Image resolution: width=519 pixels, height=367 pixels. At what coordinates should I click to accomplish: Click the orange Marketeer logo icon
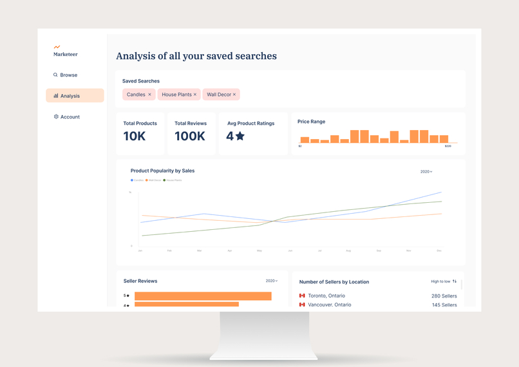tap(57, 47)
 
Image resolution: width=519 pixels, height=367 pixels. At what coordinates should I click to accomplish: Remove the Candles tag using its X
tap(150, 95)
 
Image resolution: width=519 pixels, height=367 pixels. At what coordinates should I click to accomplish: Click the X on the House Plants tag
tap(195, 95)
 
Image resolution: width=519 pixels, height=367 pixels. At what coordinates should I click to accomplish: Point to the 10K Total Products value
tap(135, 136)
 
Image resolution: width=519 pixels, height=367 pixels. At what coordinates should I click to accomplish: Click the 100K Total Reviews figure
tap(189, 136)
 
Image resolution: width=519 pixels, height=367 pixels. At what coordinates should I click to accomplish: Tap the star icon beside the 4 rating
tap(240, 136)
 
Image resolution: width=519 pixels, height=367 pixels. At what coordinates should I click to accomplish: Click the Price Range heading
tap(311, 122)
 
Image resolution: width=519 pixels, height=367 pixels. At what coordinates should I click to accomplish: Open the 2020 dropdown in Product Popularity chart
tap(426, 172)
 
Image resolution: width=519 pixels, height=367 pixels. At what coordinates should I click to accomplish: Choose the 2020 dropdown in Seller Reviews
tap(272, 281)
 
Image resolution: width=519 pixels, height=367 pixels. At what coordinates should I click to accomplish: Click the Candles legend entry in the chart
tap(137, 180)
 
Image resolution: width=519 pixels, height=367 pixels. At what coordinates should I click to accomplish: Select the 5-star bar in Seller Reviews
tap(203, 296)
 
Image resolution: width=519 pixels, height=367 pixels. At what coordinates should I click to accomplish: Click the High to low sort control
tap(444, 281)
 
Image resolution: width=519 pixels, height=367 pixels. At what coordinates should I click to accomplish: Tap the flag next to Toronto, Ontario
tap(302, 296)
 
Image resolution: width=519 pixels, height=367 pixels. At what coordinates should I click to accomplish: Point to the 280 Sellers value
tap(444, 296)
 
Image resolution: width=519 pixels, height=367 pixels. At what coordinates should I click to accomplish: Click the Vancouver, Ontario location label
tap(330, 305)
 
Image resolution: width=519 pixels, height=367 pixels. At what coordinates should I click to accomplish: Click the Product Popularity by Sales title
tap(162, 171)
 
